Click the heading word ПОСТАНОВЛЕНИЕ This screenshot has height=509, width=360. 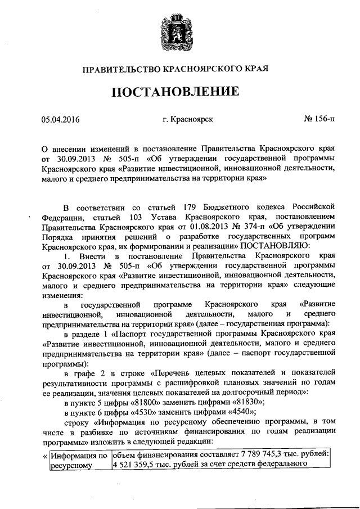point(179,91)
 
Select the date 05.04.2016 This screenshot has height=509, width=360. point(61,119)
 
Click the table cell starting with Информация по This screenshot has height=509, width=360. point(78,459)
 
